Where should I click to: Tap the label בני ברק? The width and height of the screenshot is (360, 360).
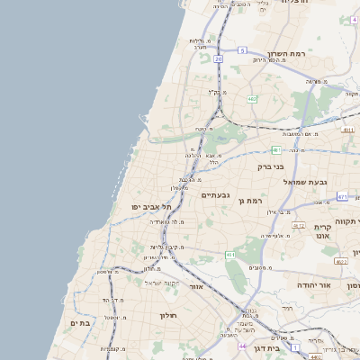(271, 166)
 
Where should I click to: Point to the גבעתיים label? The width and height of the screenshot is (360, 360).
(215, 195)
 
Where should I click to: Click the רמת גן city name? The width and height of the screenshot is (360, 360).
(247, 199)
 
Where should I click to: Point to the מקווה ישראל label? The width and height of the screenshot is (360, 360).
(162, 283)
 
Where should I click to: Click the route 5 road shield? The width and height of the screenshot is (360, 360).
(242, 50)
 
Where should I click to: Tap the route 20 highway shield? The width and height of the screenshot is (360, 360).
(218, 58)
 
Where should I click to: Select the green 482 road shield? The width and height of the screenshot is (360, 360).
(252, 99)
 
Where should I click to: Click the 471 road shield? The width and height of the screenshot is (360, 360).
(342, 195)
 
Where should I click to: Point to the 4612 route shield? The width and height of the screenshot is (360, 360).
(298, 226)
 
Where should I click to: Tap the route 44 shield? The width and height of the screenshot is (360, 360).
(241, 346)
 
